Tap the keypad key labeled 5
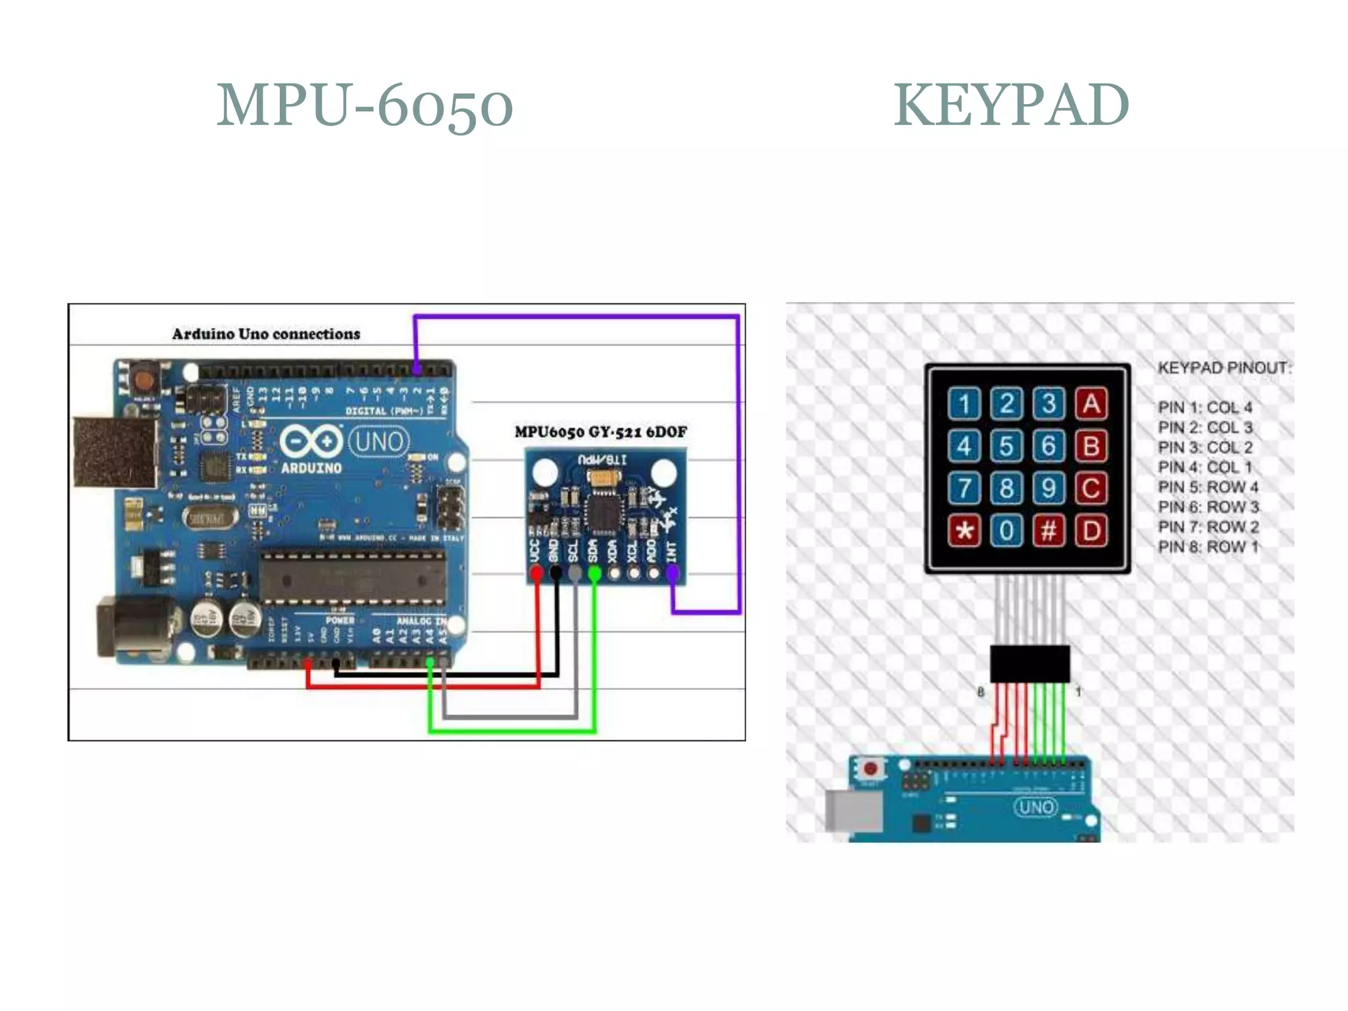[x=1006, y=446]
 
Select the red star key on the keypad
[x=964, y=530]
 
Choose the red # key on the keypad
[x=1049, y=530]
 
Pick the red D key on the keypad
[x=1091, y=530]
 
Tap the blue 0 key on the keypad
[x=1006, y=530]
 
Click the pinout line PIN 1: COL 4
[x=1205, y=407]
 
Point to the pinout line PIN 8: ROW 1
[x=1208, y=546]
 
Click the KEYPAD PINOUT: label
[x=1224, y=367]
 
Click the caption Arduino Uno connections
[x=266, y=334]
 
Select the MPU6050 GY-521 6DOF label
[x=600, y=432]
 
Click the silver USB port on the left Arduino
[x=115, y=452]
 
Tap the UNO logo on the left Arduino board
[x=378, y=442]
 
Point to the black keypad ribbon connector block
[x=1029, y=663]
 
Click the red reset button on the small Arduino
[x=871, y=769]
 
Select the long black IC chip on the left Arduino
[x=353, y=578]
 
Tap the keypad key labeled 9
[x=1049, y=488]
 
